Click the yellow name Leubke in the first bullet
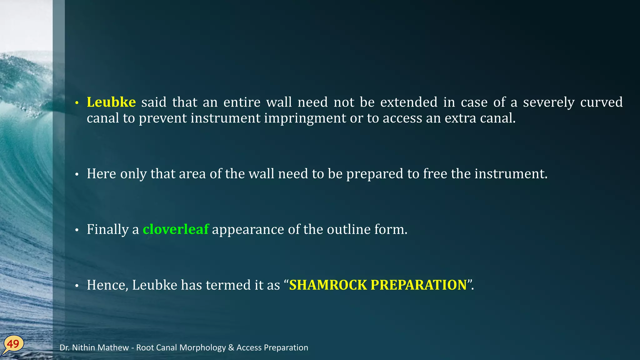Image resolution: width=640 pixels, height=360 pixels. [x=111, y=102]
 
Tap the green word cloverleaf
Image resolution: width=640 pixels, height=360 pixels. [x=175, y=229]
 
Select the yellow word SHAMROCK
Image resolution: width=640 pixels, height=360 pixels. [x=328, y=285]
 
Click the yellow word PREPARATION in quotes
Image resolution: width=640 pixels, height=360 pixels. [x=418, y=285]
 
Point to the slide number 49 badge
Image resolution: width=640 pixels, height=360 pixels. [x=13, y=344]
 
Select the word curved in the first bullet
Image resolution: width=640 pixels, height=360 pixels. [x=601, y=102]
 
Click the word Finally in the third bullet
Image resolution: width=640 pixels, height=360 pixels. [x=107, y=229]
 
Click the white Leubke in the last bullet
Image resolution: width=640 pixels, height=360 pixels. [x=155, y=285]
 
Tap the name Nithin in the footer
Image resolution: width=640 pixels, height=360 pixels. [x=85, y=347]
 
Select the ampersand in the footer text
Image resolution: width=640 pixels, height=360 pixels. [x=231, y=347]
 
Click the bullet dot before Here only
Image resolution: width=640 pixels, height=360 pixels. [x=77, y=174]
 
